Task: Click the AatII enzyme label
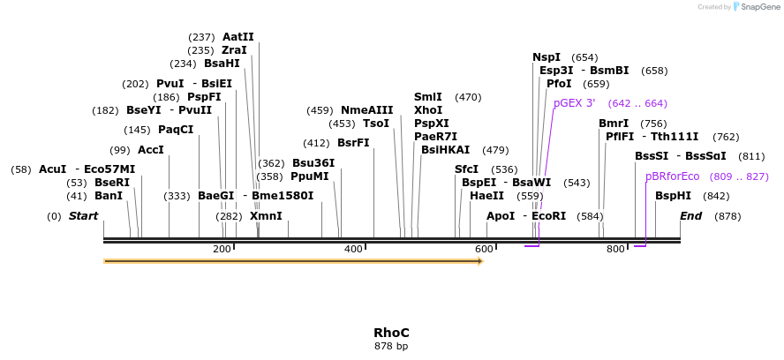(x=237, y=37)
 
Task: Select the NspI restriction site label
(x=546, y=56)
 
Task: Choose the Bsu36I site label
(x=313, y=163)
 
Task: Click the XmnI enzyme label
(x=266, y=216)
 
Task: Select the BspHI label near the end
(x=673, y=196)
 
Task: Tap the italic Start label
(x=83, y=216)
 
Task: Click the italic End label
(x=690, y=216)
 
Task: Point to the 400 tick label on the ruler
(x=353, y=250)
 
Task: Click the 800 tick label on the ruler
(x=615, y=250)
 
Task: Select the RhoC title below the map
(x=391, y=333)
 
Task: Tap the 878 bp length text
(x=391, y=346)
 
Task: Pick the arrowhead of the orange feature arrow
(x=479, y=261)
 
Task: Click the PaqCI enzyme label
(x=176, y=130)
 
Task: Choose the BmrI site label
(x=614, y=124)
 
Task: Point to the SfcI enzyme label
(x=466, y=169)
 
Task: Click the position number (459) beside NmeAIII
(x=320, y=110)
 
